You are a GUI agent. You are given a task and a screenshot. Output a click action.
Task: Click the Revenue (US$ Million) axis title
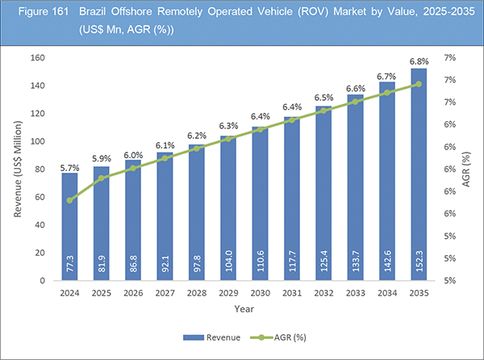click(19, 170)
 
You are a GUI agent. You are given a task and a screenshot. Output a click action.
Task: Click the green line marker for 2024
click(69, 200)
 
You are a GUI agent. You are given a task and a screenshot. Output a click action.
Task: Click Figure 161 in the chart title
click(32, 13)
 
